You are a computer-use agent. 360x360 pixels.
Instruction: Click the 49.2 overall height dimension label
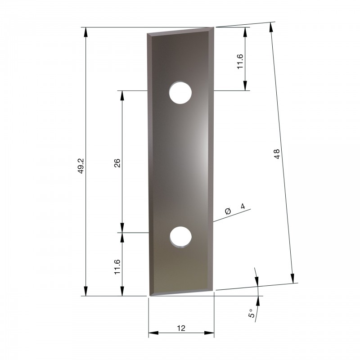81,166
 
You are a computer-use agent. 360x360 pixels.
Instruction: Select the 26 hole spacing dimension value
117,163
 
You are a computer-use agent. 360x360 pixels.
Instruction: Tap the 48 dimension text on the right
277,154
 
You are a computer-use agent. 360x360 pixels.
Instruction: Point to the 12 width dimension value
181,328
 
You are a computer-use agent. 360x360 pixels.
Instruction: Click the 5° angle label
252,313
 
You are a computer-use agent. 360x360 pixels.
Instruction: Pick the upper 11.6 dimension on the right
240,62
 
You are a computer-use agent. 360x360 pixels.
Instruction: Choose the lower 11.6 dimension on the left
117,267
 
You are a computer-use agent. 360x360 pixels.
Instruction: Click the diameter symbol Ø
228,211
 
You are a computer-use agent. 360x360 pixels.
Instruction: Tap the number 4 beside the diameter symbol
243,206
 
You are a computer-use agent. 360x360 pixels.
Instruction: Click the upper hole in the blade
180,93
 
